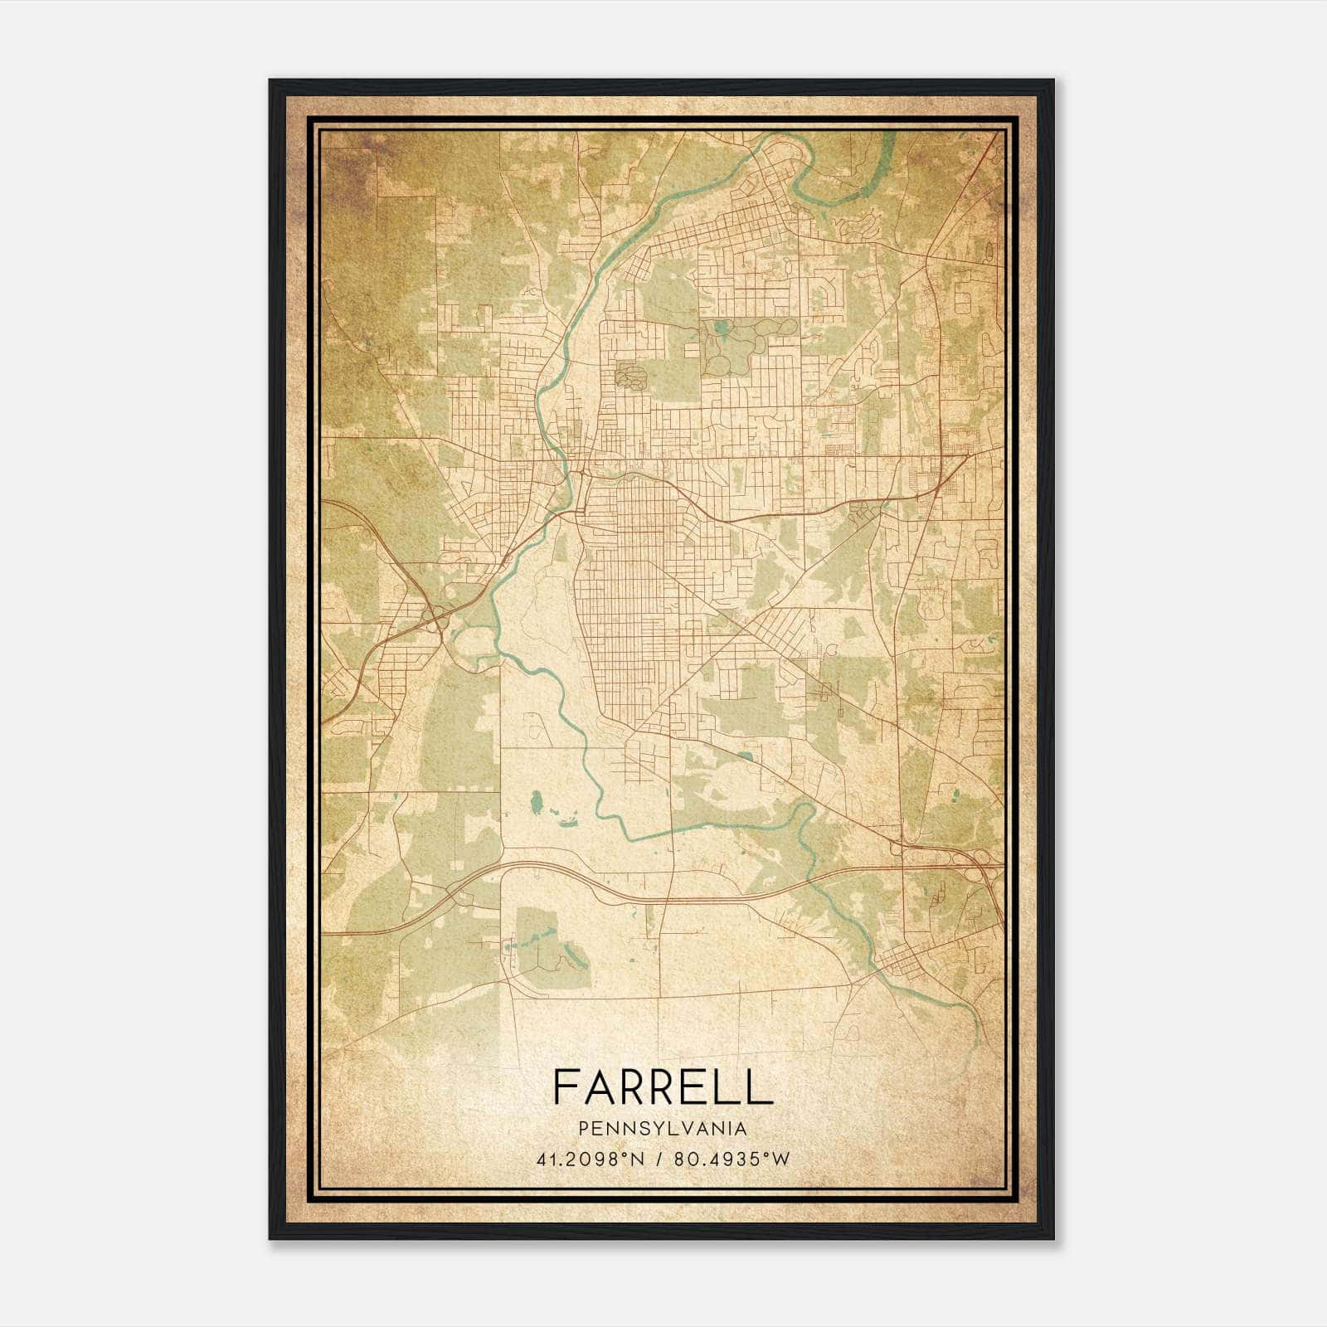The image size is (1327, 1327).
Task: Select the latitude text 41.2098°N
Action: click(x=588, y=1159)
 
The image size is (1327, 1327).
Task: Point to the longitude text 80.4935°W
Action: click(x=732, y=1159)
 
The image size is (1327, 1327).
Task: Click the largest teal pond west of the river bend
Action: click(x=536, y=800)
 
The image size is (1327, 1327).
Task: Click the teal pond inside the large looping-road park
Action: click(x=722, y=327)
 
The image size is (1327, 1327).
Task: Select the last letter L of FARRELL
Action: click(x=761, y=1087)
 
